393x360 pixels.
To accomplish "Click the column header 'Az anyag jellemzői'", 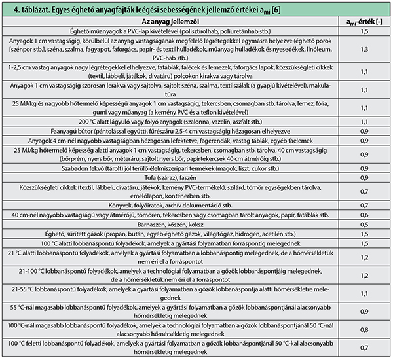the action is [x=170, y=22].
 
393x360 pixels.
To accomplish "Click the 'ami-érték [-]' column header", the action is [x=364, y=22].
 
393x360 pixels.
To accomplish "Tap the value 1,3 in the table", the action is [x=364, y=49].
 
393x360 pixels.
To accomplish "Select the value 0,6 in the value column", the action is [x=364, y=215].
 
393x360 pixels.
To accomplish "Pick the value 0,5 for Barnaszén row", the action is [x=364, y=225].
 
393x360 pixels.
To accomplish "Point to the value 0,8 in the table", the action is [x=364, y=330].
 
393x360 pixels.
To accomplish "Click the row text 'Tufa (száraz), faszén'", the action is [x=170, y=178].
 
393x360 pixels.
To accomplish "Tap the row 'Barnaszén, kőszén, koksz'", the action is [x=170, y=225].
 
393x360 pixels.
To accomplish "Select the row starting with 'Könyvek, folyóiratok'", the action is [x=170, y=206].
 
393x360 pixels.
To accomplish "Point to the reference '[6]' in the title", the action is [x=276, y=10].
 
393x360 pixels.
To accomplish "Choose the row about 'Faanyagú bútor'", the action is [x=170, y=132].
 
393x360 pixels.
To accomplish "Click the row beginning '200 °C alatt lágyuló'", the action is [x=170, y=122].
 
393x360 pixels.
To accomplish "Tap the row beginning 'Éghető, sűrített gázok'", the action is [x=170, y=234].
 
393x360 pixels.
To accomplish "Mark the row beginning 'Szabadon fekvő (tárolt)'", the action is [x=170, y=168].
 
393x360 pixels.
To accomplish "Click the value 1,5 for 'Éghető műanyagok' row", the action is [x=364, y=31].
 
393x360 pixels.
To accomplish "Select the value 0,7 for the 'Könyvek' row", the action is [x=364, y=206].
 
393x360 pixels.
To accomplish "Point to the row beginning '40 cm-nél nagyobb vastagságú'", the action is [x=170, y=215].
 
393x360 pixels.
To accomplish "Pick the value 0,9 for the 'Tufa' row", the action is [x=364, y=178].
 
